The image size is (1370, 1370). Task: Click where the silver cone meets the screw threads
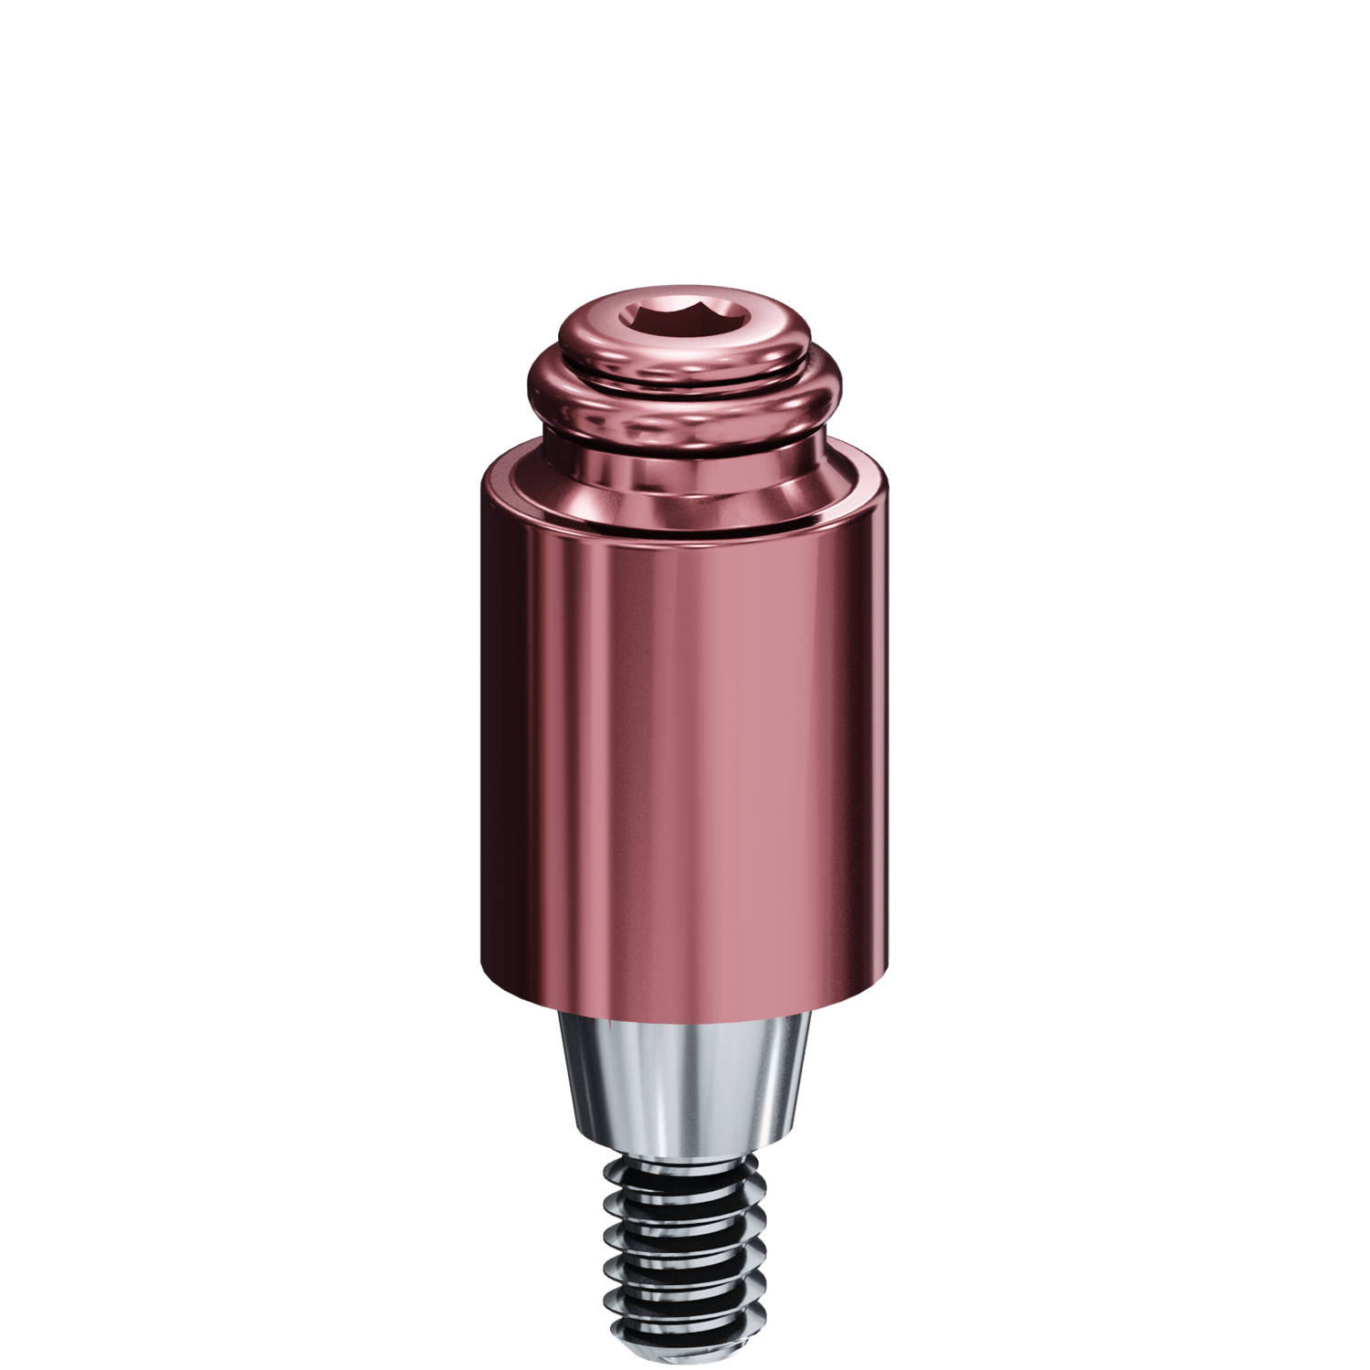point(685,1153)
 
